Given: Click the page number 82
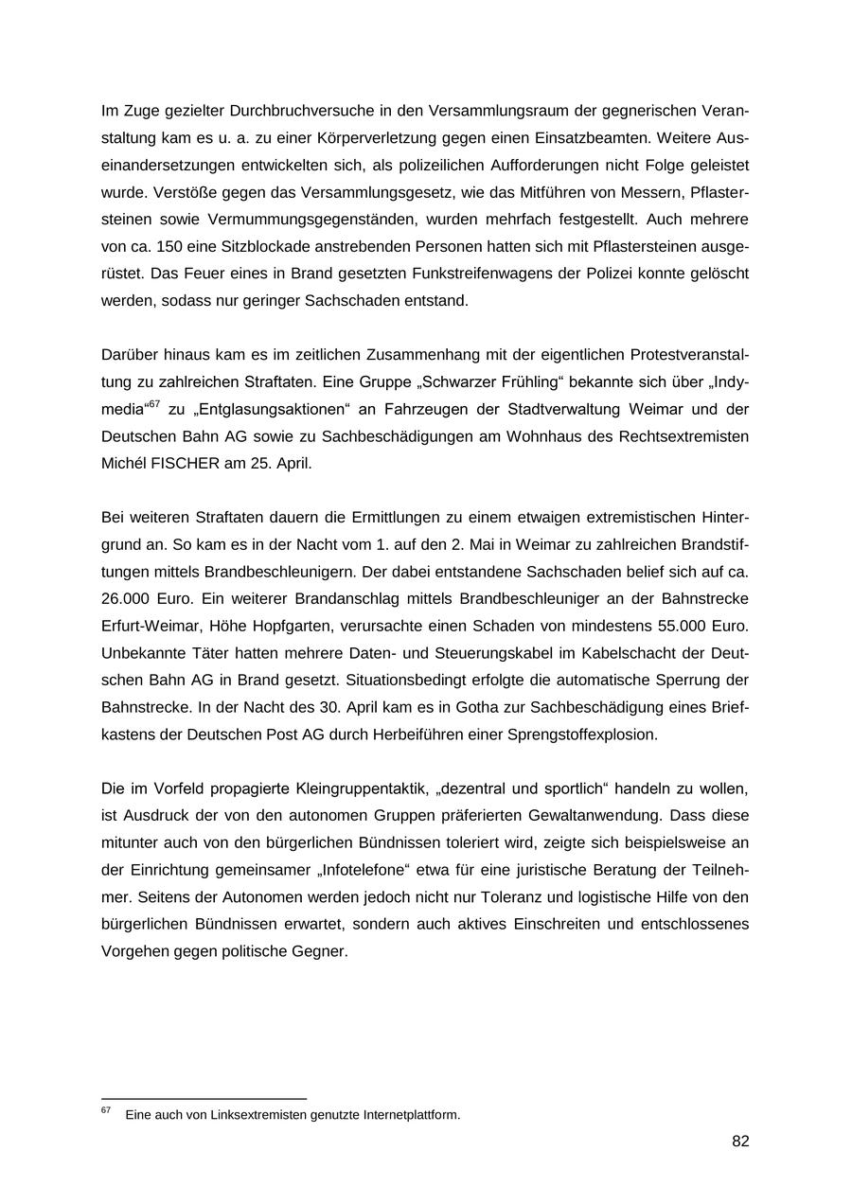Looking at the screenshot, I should [x=740, y=1142].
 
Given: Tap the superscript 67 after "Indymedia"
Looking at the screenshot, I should [x=153, y=405].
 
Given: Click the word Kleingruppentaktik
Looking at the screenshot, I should [x=360, y=788].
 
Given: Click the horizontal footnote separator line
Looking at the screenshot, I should [x=204, y=1099].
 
